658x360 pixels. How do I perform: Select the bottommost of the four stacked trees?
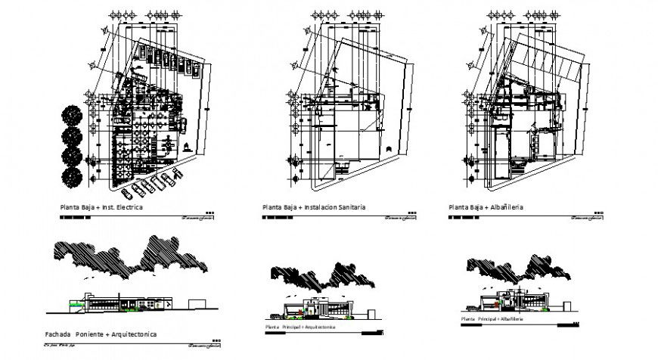(x=73, y=177)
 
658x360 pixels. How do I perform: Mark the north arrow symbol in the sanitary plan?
(x=389, y=149)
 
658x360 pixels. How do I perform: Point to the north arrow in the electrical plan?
(x=186, y=145)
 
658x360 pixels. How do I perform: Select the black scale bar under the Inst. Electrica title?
(x=75, y=218)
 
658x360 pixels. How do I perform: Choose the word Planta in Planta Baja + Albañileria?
(x=458, y=206)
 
